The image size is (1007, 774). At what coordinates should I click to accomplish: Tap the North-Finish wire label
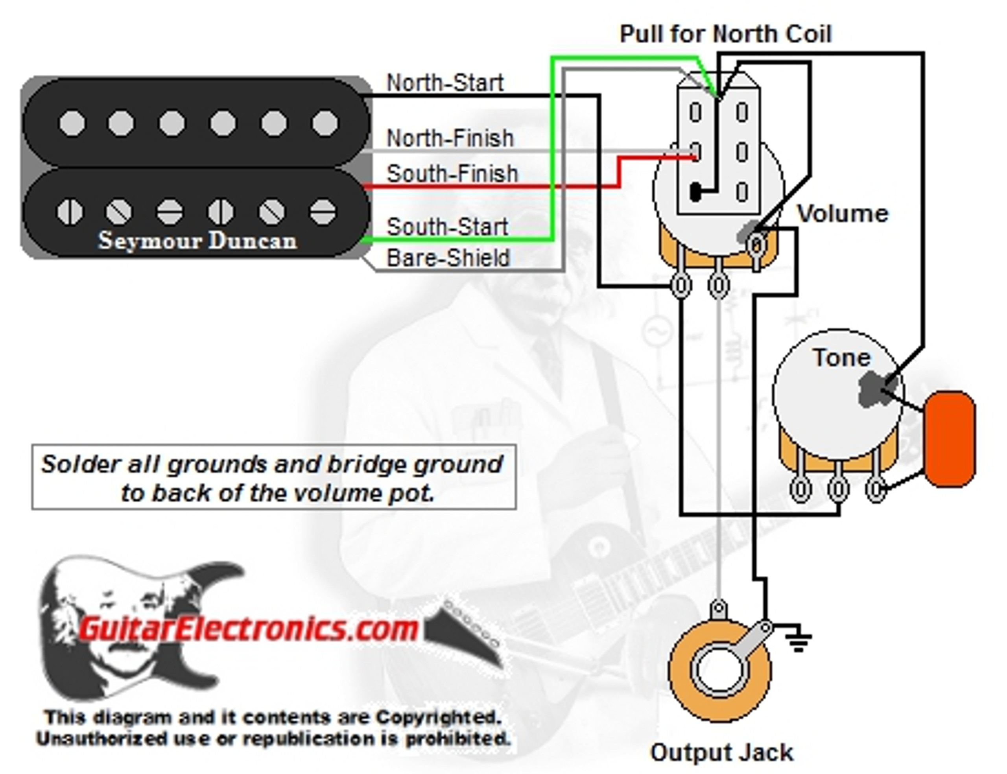[x=450, y=138]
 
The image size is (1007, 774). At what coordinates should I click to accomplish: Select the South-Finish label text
[x=452, y=174]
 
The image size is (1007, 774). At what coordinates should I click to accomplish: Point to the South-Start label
[x=447, y=227]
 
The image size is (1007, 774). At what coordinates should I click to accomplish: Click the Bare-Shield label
[x=448, y=258]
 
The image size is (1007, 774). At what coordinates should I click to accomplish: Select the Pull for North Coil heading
[x=725, y=34]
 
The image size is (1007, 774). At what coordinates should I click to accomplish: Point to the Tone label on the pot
[x=841, y=358]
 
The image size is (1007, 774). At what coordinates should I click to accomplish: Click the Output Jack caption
[x=721, y=752]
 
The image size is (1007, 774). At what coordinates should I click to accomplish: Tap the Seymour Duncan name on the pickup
[x=197, y=240]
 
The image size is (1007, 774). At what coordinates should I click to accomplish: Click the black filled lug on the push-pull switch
[x=695, y=192]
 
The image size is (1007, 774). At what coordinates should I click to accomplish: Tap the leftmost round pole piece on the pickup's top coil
[x=72, y=123]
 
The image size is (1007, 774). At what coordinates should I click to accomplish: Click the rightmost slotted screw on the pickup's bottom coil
[x=322, y=212]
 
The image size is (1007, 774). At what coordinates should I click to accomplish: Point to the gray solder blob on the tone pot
[x=872, y=389]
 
